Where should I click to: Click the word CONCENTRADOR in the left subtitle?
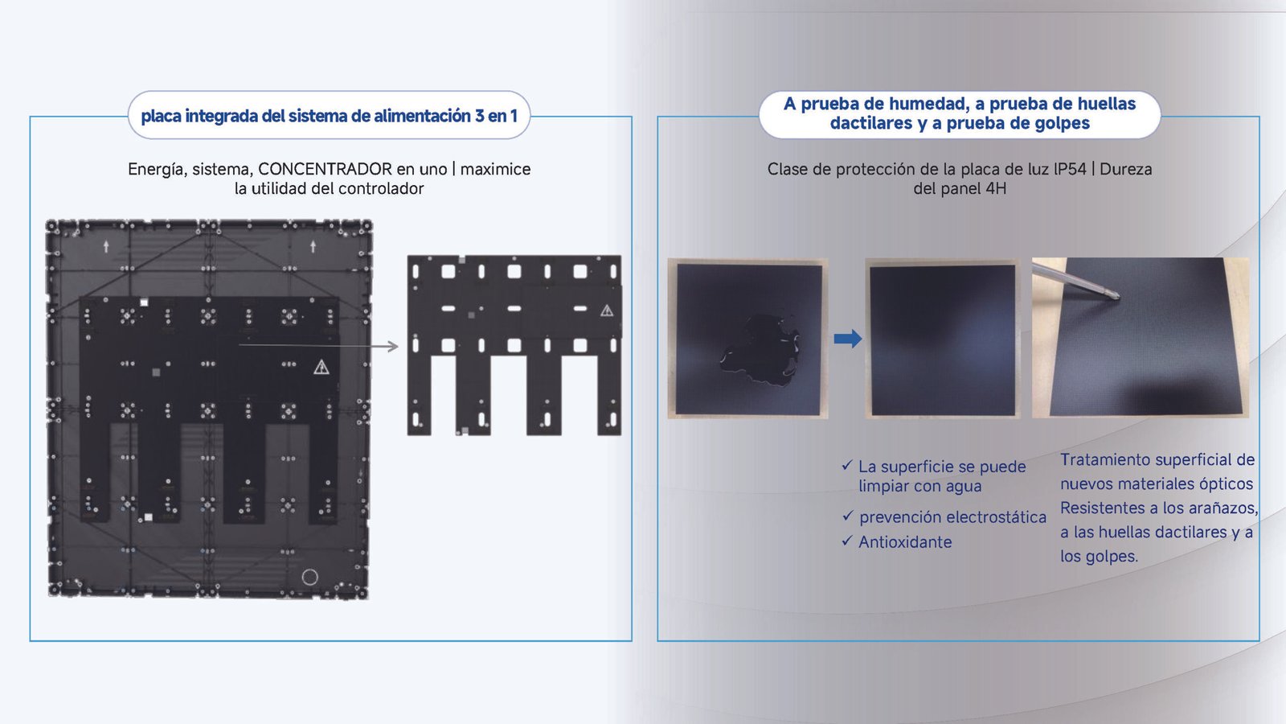(x=325, y=170)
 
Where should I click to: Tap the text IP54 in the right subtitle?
(x=1070, y=170)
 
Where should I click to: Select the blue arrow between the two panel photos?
(x=847, y=339)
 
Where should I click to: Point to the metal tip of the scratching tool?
(x=1116, y=295)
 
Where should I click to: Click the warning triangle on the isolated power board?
(x=607, y=311)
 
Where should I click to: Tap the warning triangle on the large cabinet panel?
(x=321, y=367)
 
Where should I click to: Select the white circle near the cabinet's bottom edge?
(x=310, y=577)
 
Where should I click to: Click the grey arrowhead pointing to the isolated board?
(x=393, y=346)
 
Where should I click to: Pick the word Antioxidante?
(x=905, y=542)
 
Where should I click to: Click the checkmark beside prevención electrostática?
(x=847, y=516)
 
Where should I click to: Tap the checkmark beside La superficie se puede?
(x=847, y=465)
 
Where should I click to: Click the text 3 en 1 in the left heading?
(x=495, y=116)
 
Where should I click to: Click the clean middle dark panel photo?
(x=943, y=339)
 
